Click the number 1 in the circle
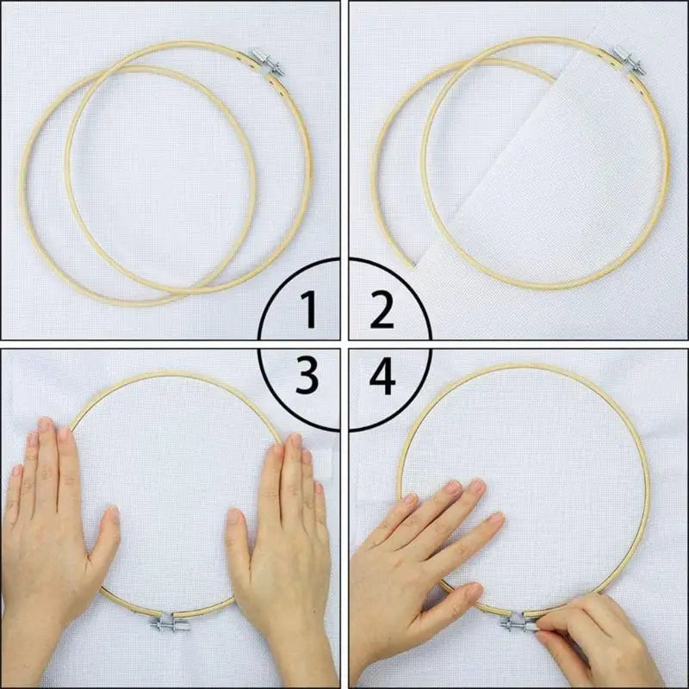(x=308, y=309)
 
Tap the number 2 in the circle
(x=382, y=309)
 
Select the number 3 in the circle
(x=307, y=376)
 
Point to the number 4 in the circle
(x=382, y=376)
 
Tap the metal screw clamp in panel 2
(x=628, y=59)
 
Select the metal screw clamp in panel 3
(x=170, y=622)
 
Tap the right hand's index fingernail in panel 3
(x=277, y=450)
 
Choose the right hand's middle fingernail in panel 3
(x=295, y=442)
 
